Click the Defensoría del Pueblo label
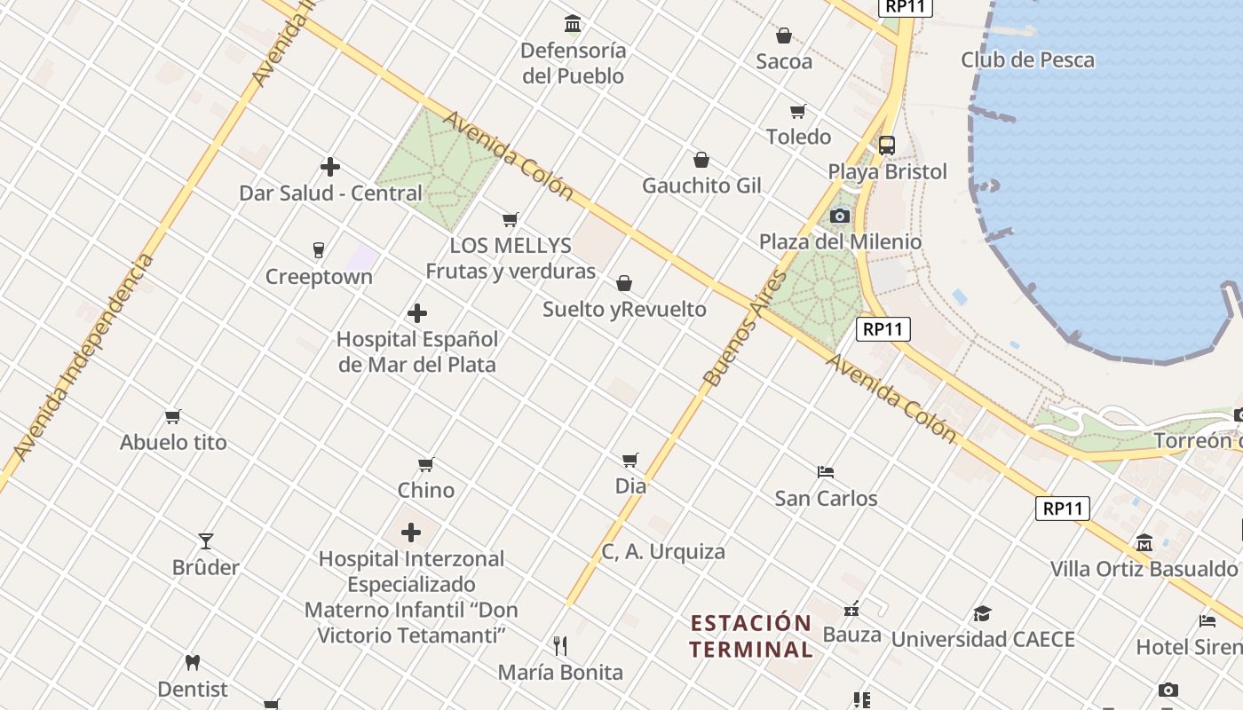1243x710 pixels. [574, 63]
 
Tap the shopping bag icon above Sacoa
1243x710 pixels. [784, 35]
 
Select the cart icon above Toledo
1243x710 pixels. [798, 111]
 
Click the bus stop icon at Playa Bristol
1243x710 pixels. [886, 146]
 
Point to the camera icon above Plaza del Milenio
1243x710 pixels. [840, 216]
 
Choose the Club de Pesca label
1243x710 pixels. [1027, 60]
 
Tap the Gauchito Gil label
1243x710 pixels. [701, 185]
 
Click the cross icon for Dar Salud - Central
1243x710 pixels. [330, 167]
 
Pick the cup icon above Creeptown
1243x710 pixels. [319, 250]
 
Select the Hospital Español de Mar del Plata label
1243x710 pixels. [416, 351]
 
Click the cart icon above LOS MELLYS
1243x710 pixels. [511, 219]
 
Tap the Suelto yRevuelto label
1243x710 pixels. [624, 309]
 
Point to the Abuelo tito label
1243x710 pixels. [173, 442]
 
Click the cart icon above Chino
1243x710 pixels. [426, 464]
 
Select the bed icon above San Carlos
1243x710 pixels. [826, 471]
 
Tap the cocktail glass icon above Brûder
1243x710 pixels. [206, 540]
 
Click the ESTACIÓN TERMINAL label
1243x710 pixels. [751, 635]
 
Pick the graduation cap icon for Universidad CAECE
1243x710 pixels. [982, 613]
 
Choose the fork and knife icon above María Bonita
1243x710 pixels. [560, 645]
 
